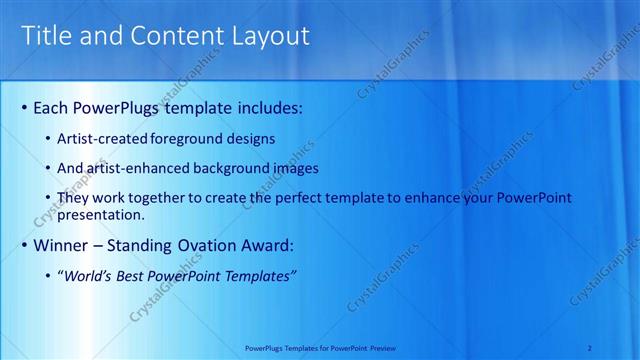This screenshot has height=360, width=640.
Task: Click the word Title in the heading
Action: tap(46, 36)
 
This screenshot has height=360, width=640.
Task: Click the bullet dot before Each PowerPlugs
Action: tap(24, 107)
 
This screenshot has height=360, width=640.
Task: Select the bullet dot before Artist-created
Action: tap(50, 138)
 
